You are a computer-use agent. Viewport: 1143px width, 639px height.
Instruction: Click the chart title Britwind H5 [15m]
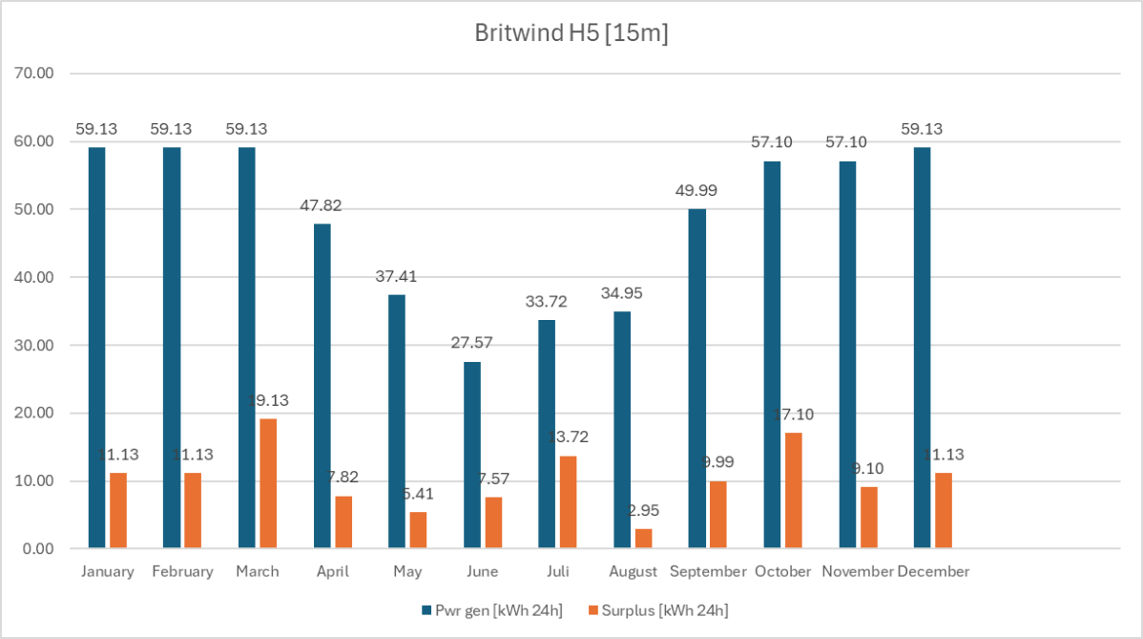click(571, 32)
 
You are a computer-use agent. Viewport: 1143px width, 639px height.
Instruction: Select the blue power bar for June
click(472, 455)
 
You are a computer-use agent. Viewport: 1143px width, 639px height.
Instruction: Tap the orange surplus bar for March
click(268, 483)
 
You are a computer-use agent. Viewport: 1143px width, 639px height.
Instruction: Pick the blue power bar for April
click(322, 386)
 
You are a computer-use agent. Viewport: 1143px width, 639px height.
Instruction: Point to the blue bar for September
click(696, 378)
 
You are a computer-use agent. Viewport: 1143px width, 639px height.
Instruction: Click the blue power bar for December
click(922, 348)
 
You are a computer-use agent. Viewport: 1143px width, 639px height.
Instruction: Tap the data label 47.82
click(321, 205)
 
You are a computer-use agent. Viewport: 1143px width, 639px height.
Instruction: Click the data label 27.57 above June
click(471, 343)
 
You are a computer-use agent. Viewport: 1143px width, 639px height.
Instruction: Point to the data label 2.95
click(643, 510)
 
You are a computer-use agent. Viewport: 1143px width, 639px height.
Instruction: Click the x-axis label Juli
click(557, 572)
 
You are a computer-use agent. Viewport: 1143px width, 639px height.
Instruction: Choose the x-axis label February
click(182, 572)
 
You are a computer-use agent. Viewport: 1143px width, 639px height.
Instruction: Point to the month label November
click(857, 572)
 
